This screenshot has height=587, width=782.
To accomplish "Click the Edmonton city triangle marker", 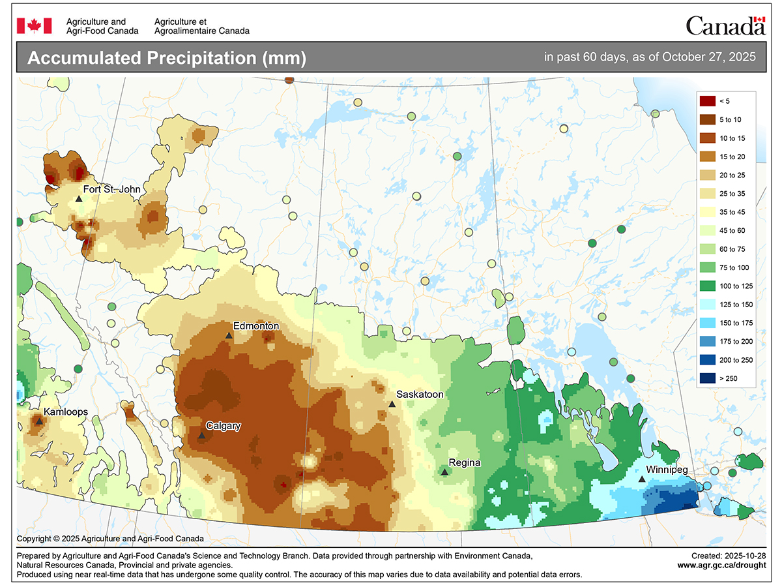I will (x=229, y=335).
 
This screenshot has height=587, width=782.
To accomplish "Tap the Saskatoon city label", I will (x=420, y=395).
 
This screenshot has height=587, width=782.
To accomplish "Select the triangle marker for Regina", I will (x=444, y=472).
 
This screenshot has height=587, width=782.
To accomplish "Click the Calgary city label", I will (x=223, y=426).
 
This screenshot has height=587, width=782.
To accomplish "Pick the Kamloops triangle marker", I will (x=39, y=421).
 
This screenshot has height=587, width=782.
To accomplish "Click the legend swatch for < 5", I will (x=707, y=100).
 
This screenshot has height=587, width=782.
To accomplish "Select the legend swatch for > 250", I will (x=707, y=378).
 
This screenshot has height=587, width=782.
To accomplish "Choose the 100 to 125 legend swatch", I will (x=707, y=286).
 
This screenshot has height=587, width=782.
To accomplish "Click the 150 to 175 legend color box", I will (x=707, y=323).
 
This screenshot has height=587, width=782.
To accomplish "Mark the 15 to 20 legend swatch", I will (x=707, y=157).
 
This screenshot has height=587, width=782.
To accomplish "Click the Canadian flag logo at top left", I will (x=29, y=25).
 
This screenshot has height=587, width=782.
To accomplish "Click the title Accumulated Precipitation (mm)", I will (x=167, y=58).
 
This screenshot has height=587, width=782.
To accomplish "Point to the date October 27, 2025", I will (x=708, y=57).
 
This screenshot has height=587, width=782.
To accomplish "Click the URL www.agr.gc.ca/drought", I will (x=721, y=565).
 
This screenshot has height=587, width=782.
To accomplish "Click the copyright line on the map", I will (x=110, y=539).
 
